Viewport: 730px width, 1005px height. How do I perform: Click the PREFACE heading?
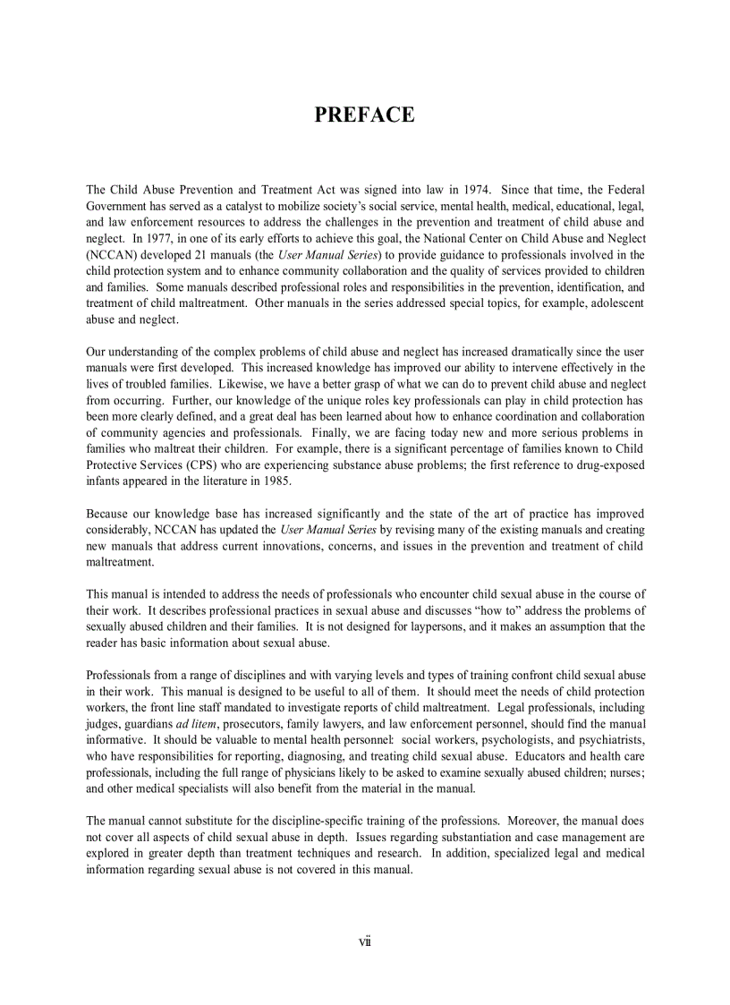point(364,115)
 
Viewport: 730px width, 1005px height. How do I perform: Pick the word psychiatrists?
point(606,739)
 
